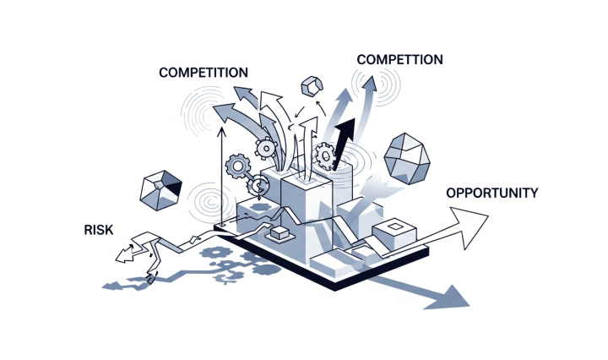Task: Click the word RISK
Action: (99, 230)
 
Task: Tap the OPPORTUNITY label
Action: (491, 193)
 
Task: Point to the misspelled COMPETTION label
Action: (399, 60)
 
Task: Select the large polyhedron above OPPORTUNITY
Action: (407, 158)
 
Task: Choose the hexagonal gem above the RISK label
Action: (160, 188)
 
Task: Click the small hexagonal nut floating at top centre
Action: (311, 87)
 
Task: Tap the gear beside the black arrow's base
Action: (324, 155)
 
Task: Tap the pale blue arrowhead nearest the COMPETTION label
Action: (368, 82)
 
